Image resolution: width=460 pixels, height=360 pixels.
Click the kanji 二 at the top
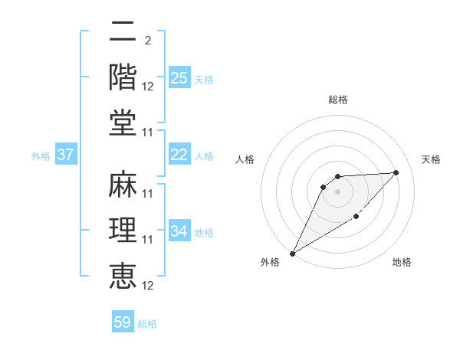(123, 33)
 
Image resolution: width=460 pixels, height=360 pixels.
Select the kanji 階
(123, 77)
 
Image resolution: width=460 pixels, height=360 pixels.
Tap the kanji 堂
(123, 123)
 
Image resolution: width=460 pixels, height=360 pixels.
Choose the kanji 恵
(123, 274)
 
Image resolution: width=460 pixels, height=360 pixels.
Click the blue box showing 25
(179, 77)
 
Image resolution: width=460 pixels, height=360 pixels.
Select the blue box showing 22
(179, 154)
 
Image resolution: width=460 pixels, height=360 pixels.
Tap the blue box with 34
(179, 231)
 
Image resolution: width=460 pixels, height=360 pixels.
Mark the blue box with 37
(66, 154)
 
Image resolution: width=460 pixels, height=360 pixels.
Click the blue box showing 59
(123, 322)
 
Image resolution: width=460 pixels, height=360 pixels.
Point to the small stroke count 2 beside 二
(147, 40)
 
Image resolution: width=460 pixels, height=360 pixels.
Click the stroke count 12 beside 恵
(148, 285)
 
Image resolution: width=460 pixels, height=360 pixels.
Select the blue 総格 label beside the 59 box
(147, 324)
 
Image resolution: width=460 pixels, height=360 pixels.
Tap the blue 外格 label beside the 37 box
(41, 155)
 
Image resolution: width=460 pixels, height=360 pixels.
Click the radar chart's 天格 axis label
(431, 159)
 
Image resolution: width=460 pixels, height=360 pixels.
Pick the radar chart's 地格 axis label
(402, 262)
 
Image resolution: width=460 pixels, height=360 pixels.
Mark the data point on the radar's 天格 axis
(396, 172)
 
